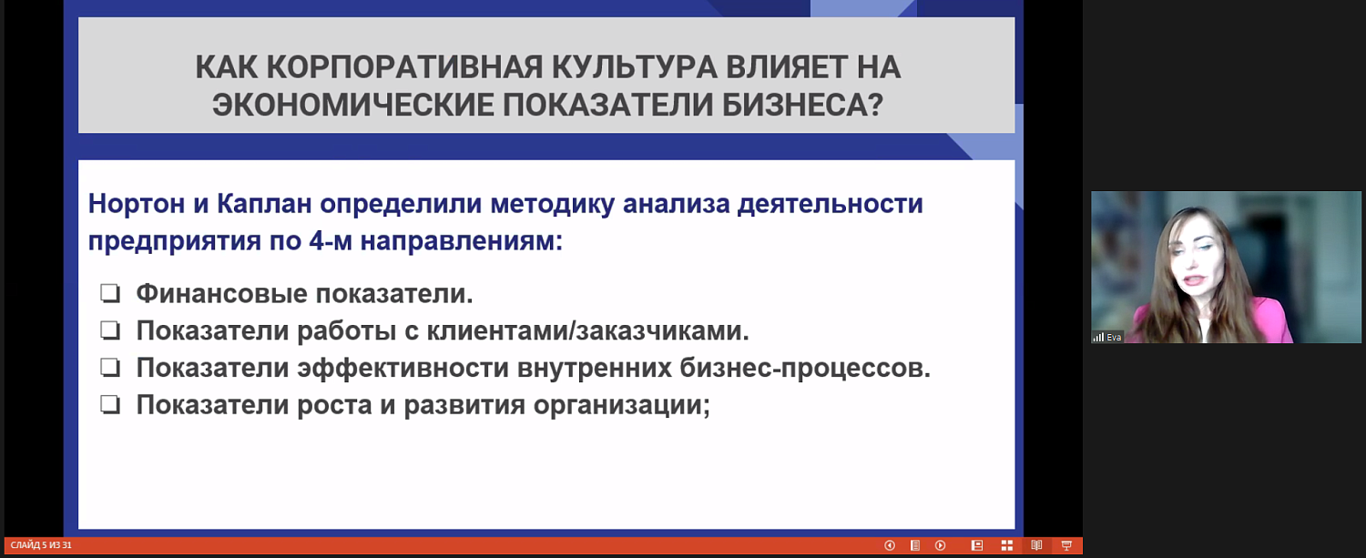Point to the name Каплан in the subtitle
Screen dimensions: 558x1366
pyautogui.click(x=256, y=203)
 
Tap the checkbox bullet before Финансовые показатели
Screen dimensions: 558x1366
pyautogui.click(x=111, y=294)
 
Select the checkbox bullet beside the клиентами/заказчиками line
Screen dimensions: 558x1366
pyautogui.click(x=111, y=331)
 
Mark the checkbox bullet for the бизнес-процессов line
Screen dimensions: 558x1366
pyautogui.click(x=111, y=368)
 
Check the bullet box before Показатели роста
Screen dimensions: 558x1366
pyautogui.click(x=111, y=405)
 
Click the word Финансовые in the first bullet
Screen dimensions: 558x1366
pyautogui.click(x=220, y=294)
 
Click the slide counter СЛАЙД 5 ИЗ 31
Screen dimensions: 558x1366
pyautogui.click(x=41, y=545)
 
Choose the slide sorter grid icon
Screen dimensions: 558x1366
pyautogui.click(x=1007, y=545)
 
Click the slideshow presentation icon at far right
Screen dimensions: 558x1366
pyautogui.click(x=1065, y=545)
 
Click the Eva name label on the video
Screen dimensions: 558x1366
pyautogui.click(x=1114, y=337)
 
